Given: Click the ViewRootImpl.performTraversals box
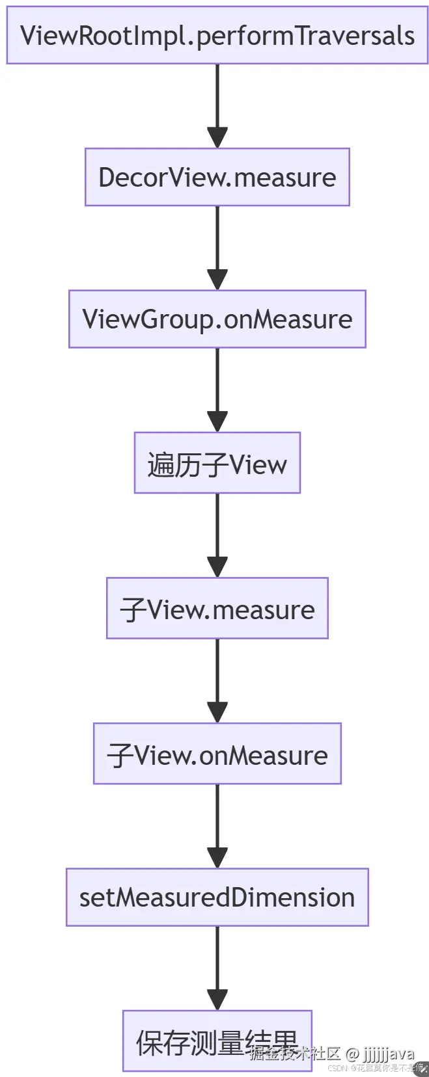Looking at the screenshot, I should [217, 35].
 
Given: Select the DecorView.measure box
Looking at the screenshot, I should [217, 177].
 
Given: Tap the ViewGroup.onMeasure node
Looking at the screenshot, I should [217, 319].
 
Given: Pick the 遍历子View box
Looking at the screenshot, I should [217, 463].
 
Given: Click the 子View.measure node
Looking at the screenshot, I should [217, 608].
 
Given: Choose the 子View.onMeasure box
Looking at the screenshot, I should [217, 753].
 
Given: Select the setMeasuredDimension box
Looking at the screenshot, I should [217, 897].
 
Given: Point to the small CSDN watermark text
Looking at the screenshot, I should [337, 1068].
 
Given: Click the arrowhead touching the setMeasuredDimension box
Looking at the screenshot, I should [217, 858].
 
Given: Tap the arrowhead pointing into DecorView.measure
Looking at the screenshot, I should [217, 138].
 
